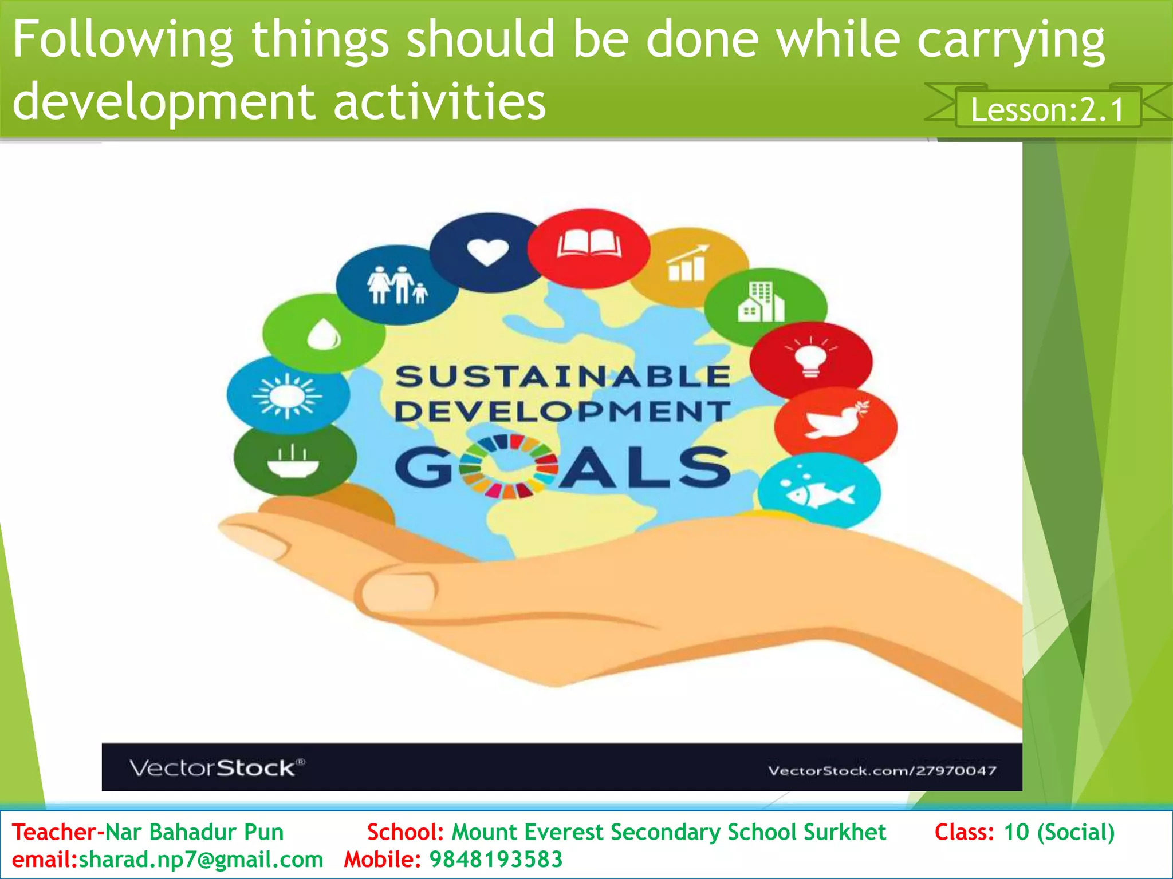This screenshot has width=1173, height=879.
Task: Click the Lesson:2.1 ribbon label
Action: [1048, 109]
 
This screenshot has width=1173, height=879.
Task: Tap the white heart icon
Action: [487, 252]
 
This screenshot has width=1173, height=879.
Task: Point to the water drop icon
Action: [324, 334]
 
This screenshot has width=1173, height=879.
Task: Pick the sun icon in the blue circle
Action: [287, 395]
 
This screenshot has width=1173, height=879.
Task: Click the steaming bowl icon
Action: [293, 461]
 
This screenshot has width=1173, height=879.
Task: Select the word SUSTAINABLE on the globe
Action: [562, 377]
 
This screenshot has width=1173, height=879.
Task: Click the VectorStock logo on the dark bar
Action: [217, 767]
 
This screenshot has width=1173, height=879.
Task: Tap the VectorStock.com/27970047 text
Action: [881, 771]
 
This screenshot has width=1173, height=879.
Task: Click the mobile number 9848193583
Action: [496, 860]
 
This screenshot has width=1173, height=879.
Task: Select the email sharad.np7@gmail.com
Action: [200, 860]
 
